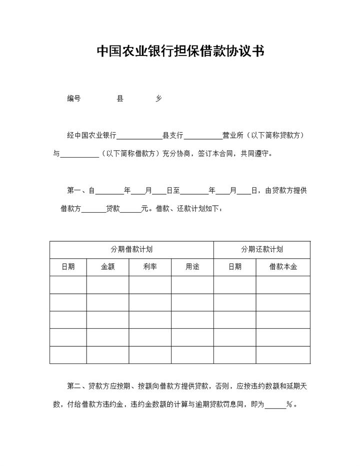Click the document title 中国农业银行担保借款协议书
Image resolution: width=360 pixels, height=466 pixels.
tap(180, 52)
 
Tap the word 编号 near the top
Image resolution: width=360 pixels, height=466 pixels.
tap(74, 99)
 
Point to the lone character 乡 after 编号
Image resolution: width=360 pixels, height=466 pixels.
tap(158, 99)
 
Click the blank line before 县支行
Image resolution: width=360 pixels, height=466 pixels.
tap(139, 137)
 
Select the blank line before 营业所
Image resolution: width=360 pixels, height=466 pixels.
tap(203, 137)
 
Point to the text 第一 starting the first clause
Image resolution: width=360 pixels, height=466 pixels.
tap(74, 191)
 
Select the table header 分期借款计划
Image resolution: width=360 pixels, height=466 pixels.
tap(131, 249)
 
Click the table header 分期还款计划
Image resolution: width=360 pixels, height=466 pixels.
tap(262, 249)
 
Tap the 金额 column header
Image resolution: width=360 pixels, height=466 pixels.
tap(107, 267)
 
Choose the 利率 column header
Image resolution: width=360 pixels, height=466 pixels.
tap(150, 267)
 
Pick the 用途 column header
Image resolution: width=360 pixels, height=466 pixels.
tap(192, 267)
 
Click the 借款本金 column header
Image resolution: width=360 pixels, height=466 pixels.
tap(283, 267)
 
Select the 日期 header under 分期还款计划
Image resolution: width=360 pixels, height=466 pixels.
tap(235, 267)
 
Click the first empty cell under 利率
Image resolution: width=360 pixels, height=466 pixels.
tap(150, 284)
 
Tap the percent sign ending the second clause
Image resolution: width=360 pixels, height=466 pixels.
tap(289, 405)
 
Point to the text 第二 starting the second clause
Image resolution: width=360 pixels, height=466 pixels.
tap(74, 386)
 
